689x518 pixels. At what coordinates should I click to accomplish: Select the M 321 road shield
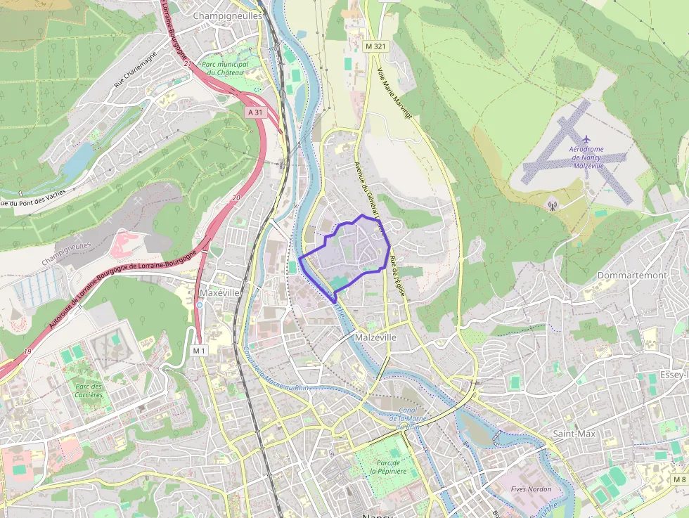(x=376, y=46)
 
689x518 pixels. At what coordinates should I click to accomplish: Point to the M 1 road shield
(x=199, y=350)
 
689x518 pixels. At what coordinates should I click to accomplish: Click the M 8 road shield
(x=678, y=479)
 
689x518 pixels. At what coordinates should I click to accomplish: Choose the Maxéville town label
(x=220, y=292)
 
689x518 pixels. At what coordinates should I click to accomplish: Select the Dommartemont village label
(x=632, y=276)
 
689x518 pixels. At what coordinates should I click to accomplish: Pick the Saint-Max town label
(x=574, y=434)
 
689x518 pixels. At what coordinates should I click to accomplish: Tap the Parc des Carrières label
(x=89, y=391)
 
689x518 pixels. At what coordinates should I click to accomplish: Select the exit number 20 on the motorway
(x=236, y=198)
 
